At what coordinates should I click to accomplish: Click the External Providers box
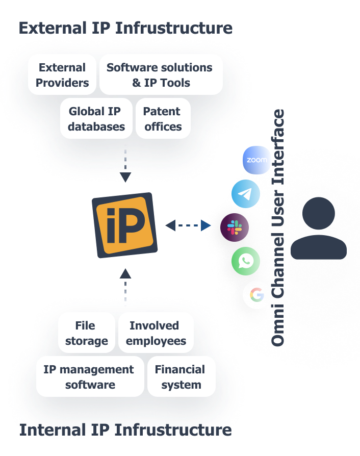pyautogui.click(x=62, y=75)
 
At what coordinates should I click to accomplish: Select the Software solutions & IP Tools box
pyautogui.click(x=161, y=75)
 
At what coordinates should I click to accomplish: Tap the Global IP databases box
pyautogui.click(x=96, y=119)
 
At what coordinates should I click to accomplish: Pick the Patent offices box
pyautogui.click(x=163, y=119)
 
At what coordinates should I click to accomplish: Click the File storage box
pyautogui.click(x=86, y=333)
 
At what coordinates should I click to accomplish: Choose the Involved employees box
pyautogui.click(x=156, y=333)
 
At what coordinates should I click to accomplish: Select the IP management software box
pyautogui.click(x=90, y=377)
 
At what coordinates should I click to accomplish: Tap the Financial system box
pyautogui.click(x=181, y=377)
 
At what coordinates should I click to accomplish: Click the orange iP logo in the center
pyautogui.click(x=125, y=225)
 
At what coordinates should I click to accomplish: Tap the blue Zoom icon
pyautogui.click(x=256, y=160)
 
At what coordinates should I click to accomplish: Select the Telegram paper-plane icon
pyautogui.click(x=246, y=194)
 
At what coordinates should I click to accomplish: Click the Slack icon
pyautogui.click(x=235, y=227)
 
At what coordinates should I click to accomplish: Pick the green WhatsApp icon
pyautogui.click(x=246, y=261)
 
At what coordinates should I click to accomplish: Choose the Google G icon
pyautogui.click(x=256, y=295)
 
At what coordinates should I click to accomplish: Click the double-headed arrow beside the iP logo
pyautogui.click(x=188, y=225)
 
